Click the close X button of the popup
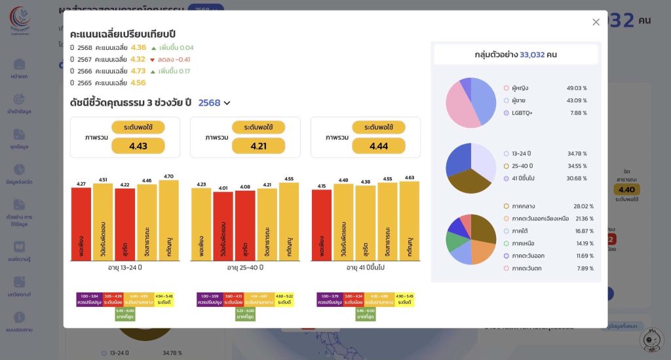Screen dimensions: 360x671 coord(596,22)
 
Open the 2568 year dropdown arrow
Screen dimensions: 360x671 coord(227,103)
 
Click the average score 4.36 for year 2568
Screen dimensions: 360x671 coord(138,47)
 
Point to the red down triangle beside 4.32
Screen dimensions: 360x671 coord(153,60)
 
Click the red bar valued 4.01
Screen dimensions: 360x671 coord(223,226)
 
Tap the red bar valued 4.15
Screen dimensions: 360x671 coord(322,226)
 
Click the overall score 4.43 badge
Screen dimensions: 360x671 coord(138,146)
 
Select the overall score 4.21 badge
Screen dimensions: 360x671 coord(258,146)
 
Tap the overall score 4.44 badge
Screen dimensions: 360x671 coord(379,146)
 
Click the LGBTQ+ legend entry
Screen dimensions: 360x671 coord(522,113)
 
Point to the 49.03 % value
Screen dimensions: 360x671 coord(577,88)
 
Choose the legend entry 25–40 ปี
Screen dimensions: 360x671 coord(522,166)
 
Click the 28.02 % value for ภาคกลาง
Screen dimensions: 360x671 coord(583,206)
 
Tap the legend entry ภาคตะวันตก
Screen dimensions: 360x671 coord(527,268)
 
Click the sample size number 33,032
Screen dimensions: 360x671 coord(532,54)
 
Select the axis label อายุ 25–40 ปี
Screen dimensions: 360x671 coord(245,268)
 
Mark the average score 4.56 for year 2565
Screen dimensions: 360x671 coord(138,83)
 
